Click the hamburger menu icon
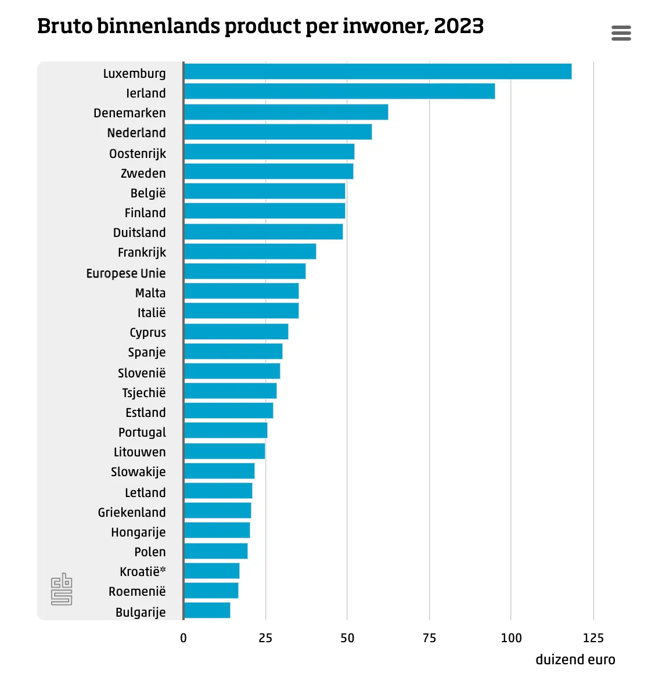coord(621,33)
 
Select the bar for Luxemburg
coord(377,71)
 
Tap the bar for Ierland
coord(339,91)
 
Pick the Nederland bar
coord(278,132)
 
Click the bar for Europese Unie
coord(244,271)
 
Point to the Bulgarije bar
coord(207,610)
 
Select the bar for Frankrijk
coord(250,251)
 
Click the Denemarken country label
coord(129,113)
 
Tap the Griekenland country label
coord(132,512)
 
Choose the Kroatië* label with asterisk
coord(143,571)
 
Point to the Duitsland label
coord(139,232)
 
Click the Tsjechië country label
coord(144,393)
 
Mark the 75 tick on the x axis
coord(429,638)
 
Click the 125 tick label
coord(593,638)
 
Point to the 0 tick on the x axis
coord(183,638)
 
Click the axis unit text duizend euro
coord(575,660)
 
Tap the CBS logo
coord(62,589)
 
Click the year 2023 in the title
coord(459,26)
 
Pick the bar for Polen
coord(215,551)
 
